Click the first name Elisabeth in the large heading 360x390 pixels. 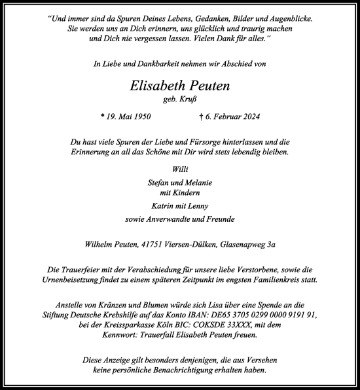155,85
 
